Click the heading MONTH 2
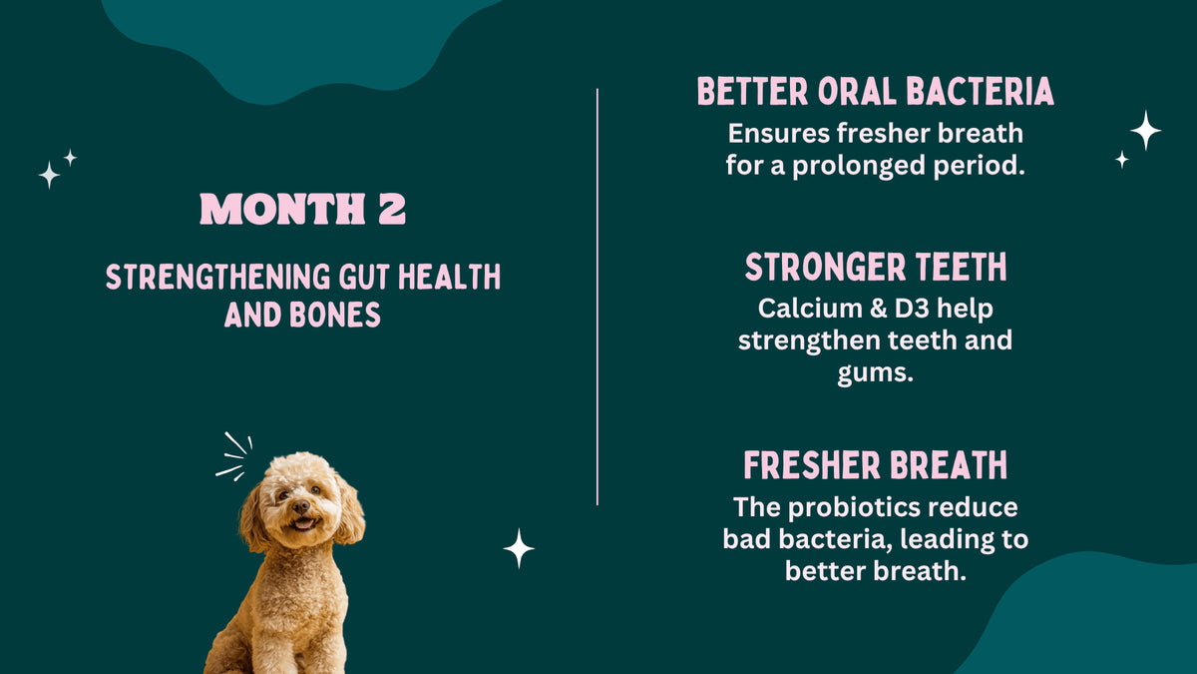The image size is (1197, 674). coord(303,209)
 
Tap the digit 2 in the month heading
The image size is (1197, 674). coord(391,209)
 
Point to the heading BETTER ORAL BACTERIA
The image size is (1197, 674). coord(875,92)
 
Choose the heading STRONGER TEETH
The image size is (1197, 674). coord(875,268)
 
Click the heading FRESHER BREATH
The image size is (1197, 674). coord(875,465)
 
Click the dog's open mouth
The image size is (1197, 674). coord(301,523)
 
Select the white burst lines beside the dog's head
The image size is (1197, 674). coord(234,457)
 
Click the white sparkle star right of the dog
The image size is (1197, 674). coord(519,548)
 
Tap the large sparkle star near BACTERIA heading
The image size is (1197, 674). coord(1145,130)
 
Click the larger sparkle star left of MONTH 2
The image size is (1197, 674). coord(49,176)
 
